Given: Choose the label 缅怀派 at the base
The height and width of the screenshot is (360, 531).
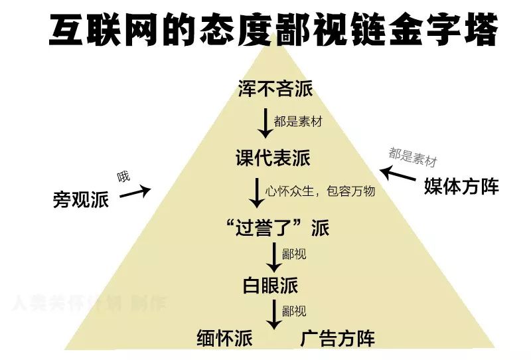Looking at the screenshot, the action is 225,338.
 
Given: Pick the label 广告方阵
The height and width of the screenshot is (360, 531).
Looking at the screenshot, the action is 338,338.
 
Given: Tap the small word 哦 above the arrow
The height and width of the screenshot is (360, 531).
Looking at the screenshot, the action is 124,177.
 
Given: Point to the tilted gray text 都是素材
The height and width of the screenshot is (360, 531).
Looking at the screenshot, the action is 413,157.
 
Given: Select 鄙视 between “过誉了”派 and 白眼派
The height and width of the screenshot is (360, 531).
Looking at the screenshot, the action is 294,254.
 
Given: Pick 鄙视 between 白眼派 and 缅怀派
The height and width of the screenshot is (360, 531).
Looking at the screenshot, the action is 294,310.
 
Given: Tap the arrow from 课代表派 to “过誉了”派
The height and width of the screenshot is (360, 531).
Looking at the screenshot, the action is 256,193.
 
